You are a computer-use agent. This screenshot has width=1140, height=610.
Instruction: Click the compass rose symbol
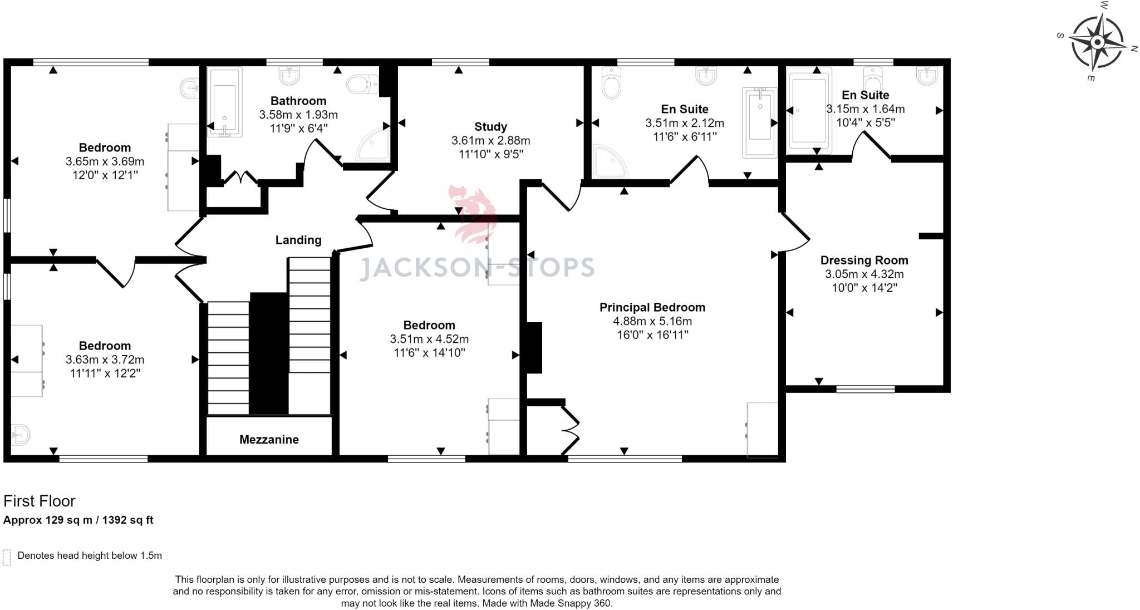[1097, 42]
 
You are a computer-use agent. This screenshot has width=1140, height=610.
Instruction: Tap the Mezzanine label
[269, 440]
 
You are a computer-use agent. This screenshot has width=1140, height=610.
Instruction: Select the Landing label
[298, 240]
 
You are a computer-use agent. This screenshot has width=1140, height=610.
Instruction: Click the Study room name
[490, 126]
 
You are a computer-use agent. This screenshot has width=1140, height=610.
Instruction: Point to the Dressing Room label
[864, 260]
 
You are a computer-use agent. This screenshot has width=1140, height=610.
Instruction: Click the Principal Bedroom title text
[652, 307]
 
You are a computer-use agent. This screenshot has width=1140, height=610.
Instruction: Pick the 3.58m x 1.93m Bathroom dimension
[298, 115]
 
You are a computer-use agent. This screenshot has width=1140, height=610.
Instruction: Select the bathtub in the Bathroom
[224, 102]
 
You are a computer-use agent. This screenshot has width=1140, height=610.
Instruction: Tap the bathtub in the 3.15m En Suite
[808, 110]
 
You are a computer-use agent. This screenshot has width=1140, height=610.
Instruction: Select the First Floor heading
[39, 501]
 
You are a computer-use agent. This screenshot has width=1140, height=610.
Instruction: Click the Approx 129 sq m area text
[78, 520]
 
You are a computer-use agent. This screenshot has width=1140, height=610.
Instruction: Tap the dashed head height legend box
[7, 557]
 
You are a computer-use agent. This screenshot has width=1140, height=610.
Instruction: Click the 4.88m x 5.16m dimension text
[652, 321]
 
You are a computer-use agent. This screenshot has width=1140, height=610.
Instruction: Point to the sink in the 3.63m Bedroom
[21, 435]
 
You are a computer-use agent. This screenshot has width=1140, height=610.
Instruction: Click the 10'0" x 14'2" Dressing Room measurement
[864, 288]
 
